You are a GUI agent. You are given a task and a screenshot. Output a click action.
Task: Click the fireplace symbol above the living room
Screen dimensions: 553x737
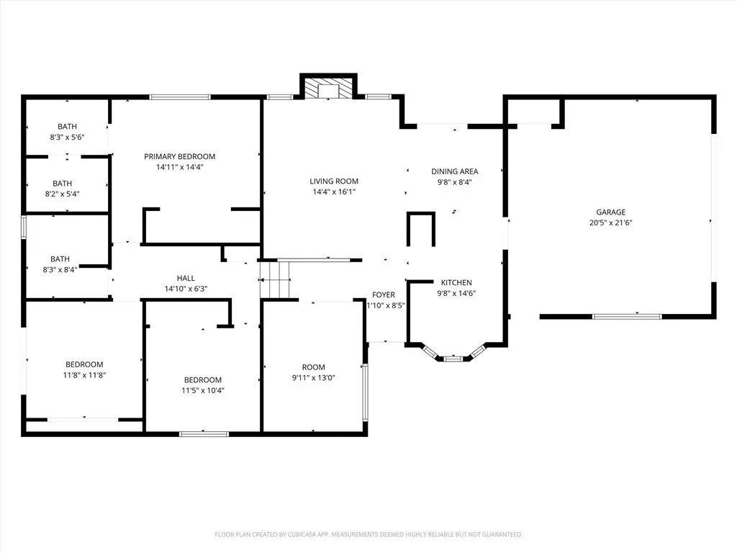tap(328, 89)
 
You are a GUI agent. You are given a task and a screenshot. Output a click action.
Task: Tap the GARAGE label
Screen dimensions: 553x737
tap(610, 212)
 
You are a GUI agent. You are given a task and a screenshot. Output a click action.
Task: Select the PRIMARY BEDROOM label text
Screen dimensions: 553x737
tap(179, 156)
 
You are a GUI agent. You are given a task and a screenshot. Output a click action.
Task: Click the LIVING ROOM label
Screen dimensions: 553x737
tap(334, 181)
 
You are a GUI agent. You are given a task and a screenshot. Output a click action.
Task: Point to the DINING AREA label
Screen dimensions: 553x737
tap(454, 171)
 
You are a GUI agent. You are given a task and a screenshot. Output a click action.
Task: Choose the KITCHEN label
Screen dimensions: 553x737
tap(456, 282)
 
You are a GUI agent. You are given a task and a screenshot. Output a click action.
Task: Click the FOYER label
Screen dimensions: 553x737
tap(383, 295)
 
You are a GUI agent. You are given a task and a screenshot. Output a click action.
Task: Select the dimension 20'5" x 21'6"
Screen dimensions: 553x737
tap(610, 222)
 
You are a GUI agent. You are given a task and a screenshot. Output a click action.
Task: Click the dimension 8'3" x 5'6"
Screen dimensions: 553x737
tap(67, 137)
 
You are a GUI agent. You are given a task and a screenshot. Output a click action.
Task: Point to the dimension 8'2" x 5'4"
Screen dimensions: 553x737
tap(67, 194)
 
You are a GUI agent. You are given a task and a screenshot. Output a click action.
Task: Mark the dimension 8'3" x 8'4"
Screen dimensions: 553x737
tap(60, 269)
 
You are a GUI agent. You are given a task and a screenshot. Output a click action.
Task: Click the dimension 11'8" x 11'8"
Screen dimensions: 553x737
tap(84, 374)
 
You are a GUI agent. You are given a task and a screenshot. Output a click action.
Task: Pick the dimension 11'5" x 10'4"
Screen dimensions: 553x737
tap(202, 390)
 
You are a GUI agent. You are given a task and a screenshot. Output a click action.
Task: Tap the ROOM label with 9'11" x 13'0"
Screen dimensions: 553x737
tap(313, 367)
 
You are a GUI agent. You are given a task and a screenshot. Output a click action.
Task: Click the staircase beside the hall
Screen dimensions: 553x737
tap(275, 279)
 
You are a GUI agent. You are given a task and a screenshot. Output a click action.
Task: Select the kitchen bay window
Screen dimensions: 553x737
tap(453, 356)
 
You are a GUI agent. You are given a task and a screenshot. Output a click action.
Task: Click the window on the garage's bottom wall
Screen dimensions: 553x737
tap(626, 315)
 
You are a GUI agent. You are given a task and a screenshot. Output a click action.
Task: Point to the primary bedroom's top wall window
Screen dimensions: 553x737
tap(180, 96)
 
